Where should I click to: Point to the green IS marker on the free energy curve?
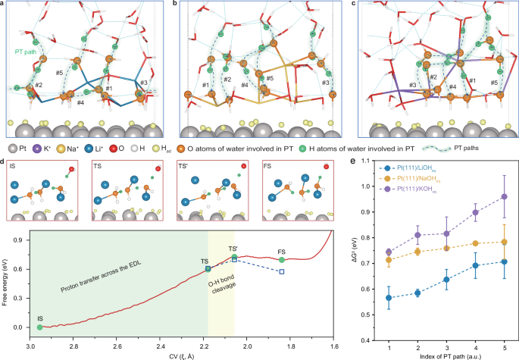tap(39, 327)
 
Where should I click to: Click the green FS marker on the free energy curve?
tap(281, 260)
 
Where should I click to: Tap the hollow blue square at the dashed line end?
tap(281, 271)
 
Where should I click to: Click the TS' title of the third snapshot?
tap(186, 164)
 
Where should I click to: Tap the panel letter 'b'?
tap(178, 5)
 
